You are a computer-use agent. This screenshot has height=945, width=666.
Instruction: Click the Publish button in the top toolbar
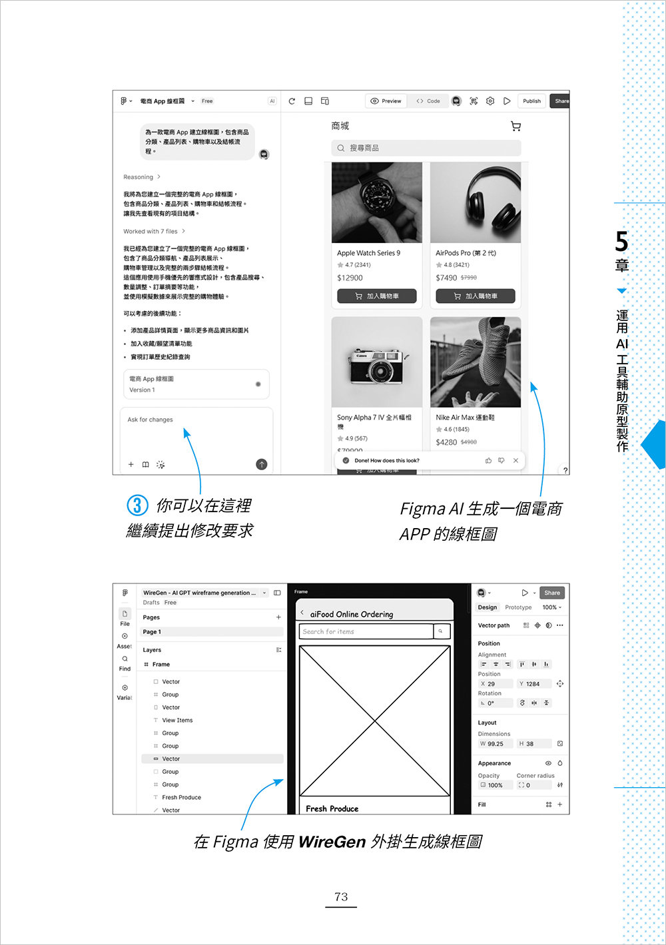(x=531, y=101)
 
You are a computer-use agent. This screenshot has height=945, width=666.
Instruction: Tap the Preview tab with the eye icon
(x=386, y=101)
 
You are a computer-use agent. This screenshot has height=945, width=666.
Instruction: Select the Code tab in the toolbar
(x=428, y=101)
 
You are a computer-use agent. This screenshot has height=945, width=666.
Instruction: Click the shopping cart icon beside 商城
(x=515, y=126)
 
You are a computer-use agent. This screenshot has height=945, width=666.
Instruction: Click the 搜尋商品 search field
(x=426, y=148)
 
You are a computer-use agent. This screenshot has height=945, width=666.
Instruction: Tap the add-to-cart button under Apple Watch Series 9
(x=377, y=296)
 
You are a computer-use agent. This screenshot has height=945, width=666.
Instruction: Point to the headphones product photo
(x=476, y=202)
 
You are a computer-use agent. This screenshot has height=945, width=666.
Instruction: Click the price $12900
(x=350, y=278)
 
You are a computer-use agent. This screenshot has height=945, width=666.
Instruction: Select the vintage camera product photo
(x=377, y=363)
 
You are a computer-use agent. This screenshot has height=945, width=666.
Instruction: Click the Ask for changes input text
(x=151, y=420)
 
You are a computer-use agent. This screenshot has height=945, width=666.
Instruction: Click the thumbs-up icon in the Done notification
(x=488, y=460)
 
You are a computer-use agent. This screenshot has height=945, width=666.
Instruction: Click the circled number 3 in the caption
(x=137, y=505)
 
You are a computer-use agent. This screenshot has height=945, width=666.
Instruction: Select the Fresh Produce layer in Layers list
(x=181, y=797)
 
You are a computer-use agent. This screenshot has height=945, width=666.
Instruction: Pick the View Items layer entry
(x=177, y=720)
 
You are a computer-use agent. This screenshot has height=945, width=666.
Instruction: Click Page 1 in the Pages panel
(x=152, y=632)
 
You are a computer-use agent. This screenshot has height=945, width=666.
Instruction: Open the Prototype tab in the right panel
(x=518, y=607)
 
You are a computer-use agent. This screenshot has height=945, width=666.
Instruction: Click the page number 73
(x=341, y=897)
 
